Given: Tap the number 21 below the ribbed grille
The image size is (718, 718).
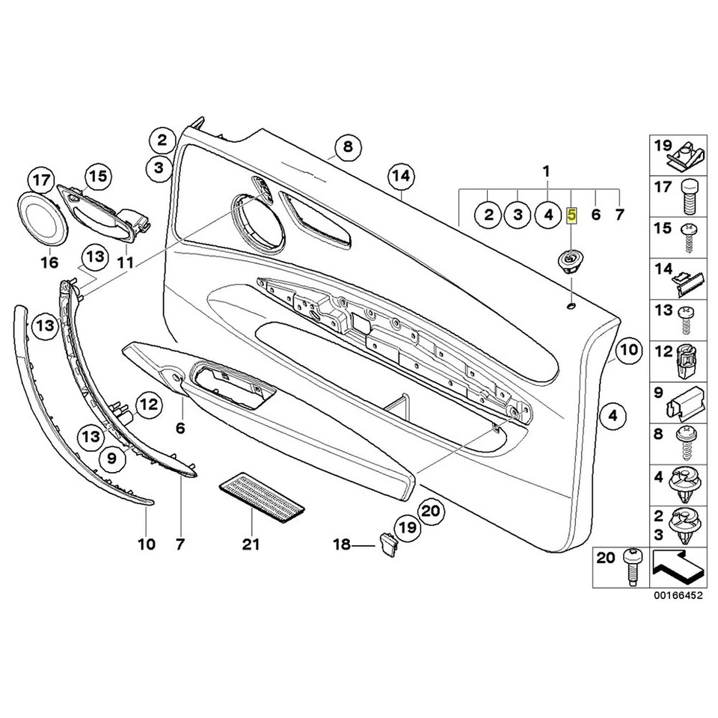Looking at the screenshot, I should point(251,544).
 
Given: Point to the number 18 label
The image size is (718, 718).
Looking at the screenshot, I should point(341,547).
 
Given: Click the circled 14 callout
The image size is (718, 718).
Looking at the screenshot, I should point(401,177).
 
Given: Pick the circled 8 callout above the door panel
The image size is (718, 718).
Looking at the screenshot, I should point(347,147).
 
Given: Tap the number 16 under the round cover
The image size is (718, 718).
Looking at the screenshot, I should point(49,263).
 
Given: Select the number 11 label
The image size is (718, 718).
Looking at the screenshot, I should point(125,263).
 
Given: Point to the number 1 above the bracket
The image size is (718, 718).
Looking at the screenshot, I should point(547,172).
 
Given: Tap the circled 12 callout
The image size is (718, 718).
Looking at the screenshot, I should point(149,406).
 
